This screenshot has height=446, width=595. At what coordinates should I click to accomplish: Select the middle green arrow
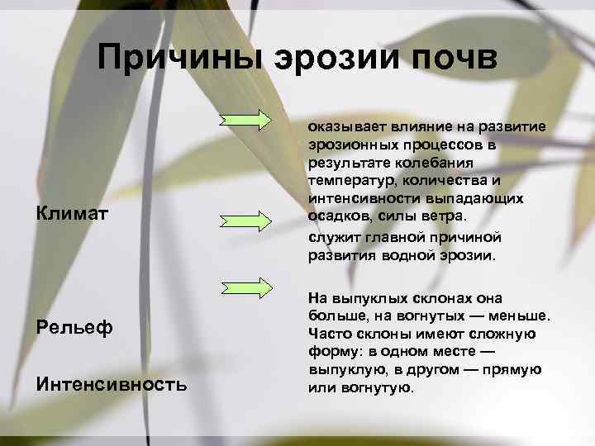(x=247, y=221)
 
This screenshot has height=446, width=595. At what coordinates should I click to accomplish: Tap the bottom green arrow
(x=247, y=287)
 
